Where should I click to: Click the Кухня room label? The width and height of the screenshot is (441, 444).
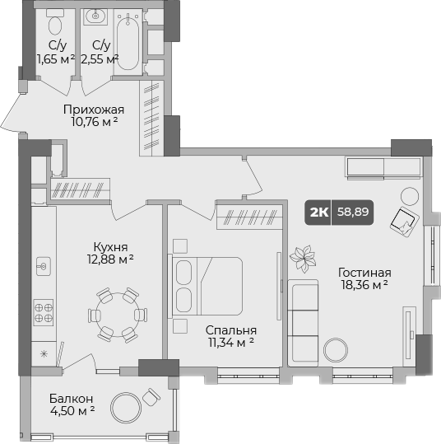point(110,246)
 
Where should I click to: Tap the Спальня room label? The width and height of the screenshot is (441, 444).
point(225,329)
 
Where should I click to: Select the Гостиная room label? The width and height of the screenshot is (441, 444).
point(363,273)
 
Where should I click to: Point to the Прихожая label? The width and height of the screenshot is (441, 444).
point(95,110)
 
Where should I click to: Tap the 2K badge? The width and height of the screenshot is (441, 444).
point(318,212)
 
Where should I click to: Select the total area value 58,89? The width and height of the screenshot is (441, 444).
point(354,212)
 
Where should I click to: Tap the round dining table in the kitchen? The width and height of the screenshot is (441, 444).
point(116,314)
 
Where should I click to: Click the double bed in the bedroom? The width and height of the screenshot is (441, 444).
point(207,286)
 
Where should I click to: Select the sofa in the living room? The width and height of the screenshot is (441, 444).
point(303,320)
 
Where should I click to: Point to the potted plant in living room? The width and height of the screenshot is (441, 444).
point(303,259)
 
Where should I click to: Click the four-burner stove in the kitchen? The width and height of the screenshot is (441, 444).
point(44,313)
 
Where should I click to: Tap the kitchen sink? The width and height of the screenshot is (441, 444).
point(44,266)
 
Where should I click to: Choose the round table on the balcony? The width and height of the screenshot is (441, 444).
point(126,408)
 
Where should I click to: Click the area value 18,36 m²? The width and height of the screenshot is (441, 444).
point(363,285)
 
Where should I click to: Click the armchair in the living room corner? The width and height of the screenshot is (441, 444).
point(404,220)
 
